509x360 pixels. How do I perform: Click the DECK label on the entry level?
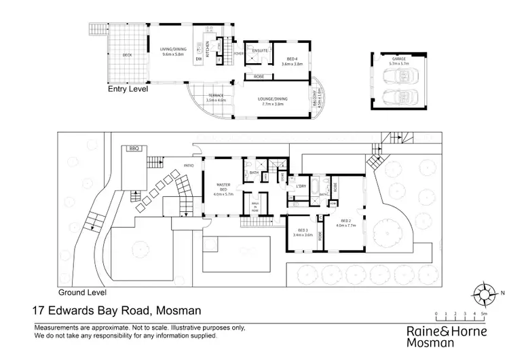coord(127,55)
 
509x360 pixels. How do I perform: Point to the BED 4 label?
coord(290,62)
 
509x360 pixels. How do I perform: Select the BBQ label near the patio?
coord(132,148)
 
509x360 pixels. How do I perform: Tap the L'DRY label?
coord(299,185)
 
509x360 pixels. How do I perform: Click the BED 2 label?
coord(345,223)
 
